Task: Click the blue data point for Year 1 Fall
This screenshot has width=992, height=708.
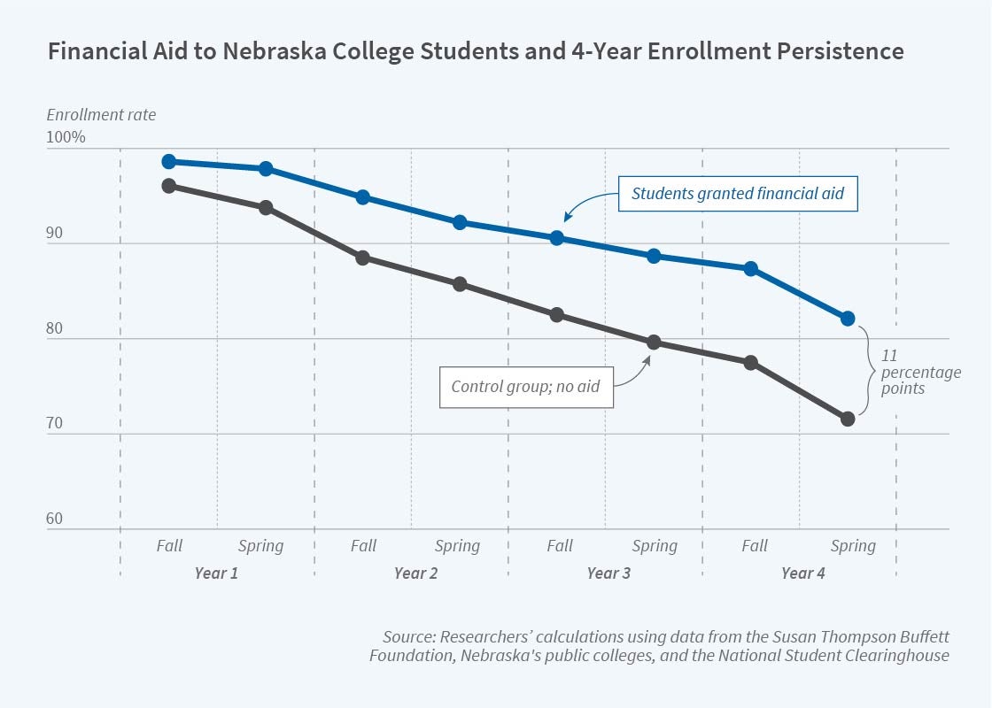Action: (x=168, y=162)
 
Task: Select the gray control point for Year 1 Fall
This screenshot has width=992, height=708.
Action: (x=168, y=186)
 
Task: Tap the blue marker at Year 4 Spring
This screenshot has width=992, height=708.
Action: (x=848, y=319)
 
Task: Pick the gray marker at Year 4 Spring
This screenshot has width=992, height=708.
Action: (x=848, y=419)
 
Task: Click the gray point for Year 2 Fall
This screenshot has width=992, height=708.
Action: (x=362, y=258)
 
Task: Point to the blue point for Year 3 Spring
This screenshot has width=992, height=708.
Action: (x=654, y=256)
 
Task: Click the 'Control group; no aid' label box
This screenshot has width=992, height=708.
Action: (x=526, y=387)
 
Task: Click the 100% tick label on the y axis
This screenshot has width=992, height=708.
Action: (x=66, y=138)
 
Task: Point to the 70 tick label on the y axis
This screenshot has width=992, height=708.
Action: (x=55, y=423)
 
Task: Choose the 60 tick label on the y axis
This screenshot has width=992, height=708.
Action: (x=55, y=519)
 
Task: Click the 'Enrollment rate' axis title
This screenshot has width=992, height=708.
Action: (x=101, y=115)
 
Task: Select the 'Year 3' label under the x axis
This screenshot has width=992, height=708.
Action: (x=608, y=573)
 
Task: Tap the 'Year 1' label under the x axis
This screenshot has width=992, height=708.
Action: (x=216, y=573)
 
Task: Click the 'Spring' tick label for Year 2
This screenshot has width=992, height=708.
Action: (x=458, y=546)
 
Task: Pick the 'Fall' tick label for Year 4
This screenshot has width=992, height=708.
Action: (x=755, y=546)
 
